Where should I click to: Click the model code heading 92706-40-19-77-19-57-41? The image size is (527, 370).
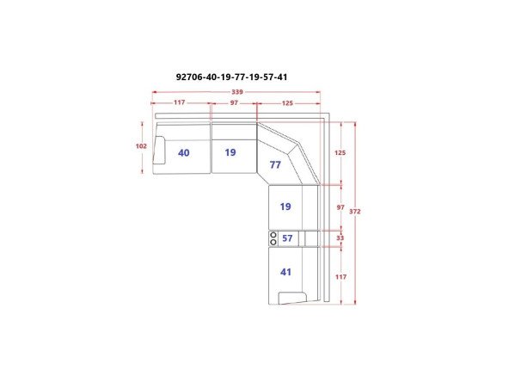tap(232, 77)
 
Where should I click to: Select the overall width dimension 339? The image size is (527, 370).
tap(237, 92)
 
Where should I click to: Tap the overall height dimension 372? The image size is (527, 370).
tap(355, 212)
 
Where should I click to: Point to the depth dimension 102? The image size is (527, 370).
tap(141, 146)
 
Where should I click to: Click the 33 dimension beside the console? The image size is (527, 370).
tap(340, 237)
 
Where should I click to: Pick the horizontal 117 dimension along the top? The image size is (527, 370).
tap(180, 102)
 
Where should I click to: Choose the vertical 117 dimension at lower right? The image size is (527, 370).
tap(340, 277)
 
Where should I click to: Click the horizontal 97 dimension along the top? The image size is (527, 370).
tap(234, 102)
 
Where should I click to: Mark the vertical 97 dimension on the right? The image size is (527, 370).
tap(340, 207)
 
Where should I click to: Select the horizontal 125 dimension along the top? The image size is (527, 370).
tap(287, 103)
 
